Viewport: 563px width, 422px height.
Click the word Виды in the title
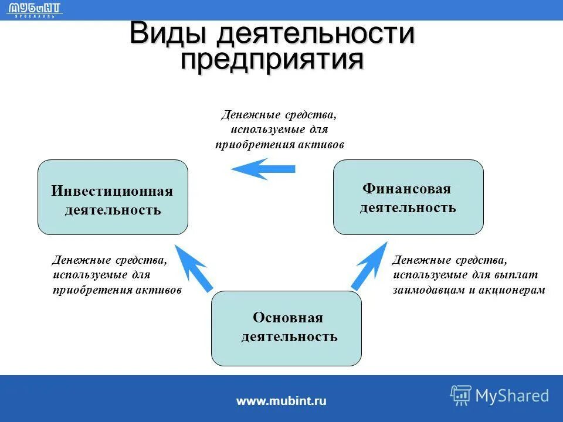coord(168,33)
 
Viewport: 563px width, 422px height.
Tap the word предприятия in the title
coord(272,60)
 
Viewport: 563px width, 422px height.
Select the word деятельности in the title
coord(316,33)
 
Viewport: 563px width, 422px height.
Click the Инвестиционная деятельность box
coord(113,198)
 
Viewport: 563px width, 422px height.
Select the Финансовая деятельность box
coord(408,198)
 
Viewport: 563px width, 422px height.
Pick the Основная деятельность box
coord(286,328)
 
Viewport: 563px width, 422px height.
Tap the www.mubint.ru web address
coord(281,401)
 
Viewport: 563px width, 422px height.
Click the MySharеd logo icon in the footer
coord(461,396)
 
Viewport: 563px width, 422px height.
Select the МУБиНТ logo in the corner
coord(36,9)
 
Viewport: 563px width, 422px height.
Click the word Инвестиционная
coord(112,191)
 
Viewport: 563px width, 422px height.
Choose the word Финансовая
coord(406,189)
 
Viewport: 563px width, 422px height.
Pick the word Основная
coord(287,318)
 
